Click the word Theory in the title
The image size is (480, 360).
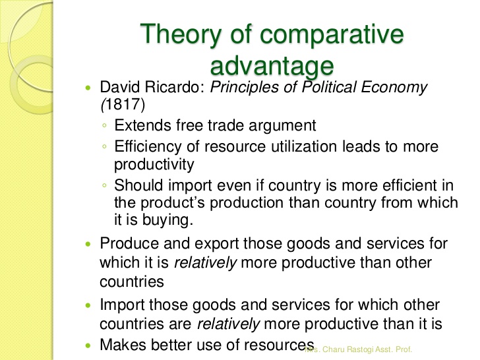click(x=181, y=34)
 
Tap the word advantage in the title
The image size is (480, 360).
click(x=272, y=65)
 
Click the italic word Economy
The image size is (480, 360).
click(x=394, y=88)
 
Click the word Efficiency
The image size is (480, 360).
click(x=148, y=147)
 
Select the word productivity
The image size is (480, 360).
click(x=154, y=165)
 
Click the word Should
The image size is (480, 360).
click(x=138, y=185)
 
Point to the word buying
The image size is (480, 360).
click(x=167, y=220)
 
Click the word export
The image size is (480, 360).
click(x=217, y=244)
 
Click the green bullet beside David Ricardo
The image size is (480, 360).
click(x=88, y=88)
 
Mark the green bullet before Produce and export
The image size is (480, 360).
click(x=88, y=244)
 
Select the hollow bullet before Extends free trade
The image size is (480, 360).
click(x=104, y=125)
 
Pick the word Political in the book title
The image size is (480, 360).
click(x=329, y=87)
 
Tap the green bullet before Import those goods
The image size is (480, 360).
click(x=88, y=305)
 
